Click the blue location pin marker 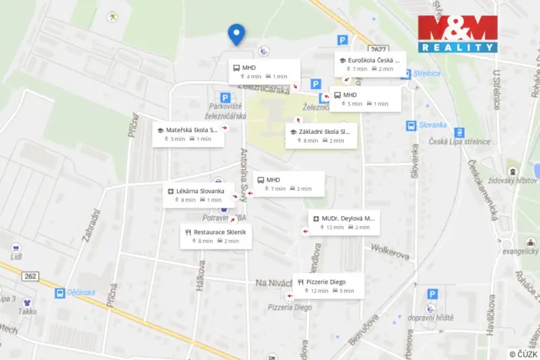coord(236,34)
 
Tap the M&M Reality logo coord(458,34)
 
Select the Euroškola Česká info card coord(367,64)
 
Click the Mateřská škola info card coord(188,134)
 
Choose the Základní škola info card coord(321,135)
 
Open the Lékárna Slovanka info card coord(194,195)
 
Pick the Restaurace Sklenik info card coord(216,235)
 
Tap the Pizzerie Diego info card coord(328,285)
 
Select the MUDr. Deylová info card coord(343,222)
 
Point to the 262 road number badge coord(31,276)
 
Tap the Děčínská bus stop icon coord(60,293)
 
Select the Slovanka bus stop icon coord(412,125)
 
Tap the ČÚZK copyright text coord(522,353)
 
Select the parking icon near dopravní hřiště coord(432,294)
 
